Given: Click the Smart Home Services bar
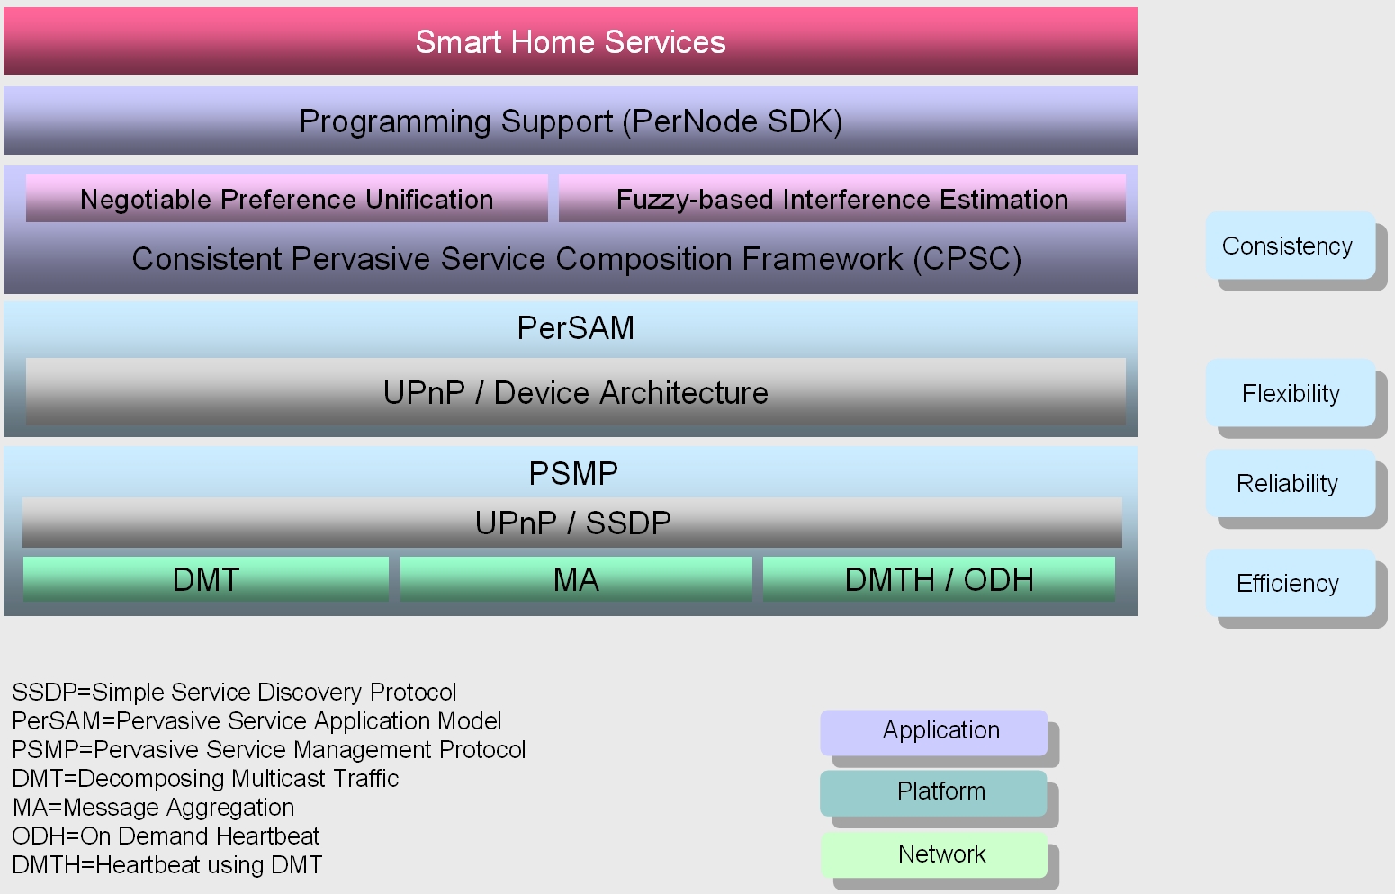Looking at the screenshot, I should (x=571, y=42).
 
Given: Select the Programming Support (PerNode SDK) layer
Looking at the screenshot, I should (x=571, y=121).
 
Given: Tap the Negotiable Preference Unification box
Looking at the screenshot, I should (x=286, y=199).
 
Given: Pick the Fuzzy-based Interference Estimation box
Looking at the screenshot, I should (x=841, y=199).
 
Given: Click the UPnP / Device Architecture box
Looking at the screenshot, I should (x=575, y=392).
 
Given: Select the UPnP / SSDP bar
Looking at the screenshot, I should (x=572, y=523).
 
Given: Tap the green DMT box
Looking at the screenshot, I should (x=205, y=579).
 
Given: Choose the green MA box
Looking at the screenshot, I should (x=576, y=579).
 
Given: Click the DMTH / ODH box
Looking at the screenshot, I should (x=939, y=579).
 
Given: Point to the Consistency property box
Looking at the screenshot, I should (x=1289, y=246).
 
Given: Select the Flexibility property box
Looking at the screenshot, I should (x=1290, y=393).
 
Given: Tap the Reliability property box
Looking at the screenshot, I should (x=1288, y=483).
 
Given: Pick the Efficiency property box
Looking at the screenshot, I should (x=1288, y=583).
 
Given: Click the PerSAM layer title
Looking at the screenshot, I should (x=575, y=328).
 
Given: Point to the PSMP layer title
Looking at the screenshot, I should (x=573, y=473).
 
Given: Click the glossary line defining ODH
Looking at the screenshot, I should (x=166, y=836).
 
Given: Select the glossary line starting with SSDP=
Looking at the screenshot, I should (x=234, y=693).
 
